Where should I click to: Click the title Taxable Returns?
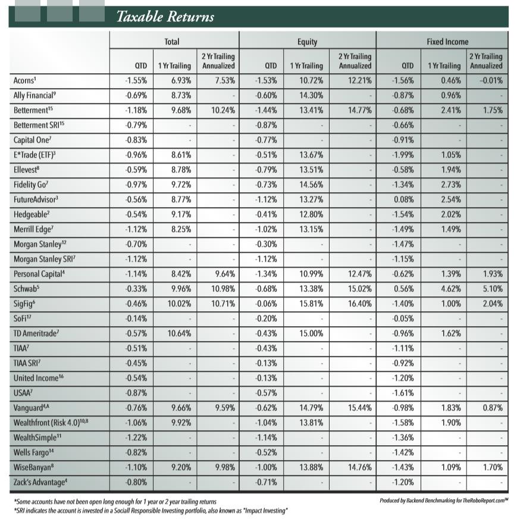point(165,16)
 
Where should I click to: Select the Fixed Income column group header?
point(447,42)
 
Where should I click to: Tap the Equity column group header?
point(307,42)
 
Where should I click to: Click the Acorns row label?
point(27,80)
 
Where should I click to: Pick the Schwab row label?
point(27,288)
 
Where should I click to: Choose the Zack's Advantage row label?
point(42,482)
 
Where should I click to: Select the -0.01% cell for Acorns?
point(490,80)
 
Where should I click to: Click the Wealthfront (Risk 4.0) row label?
point(50,423)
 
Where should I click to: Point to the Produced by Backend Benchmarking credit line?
point(444,501)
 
